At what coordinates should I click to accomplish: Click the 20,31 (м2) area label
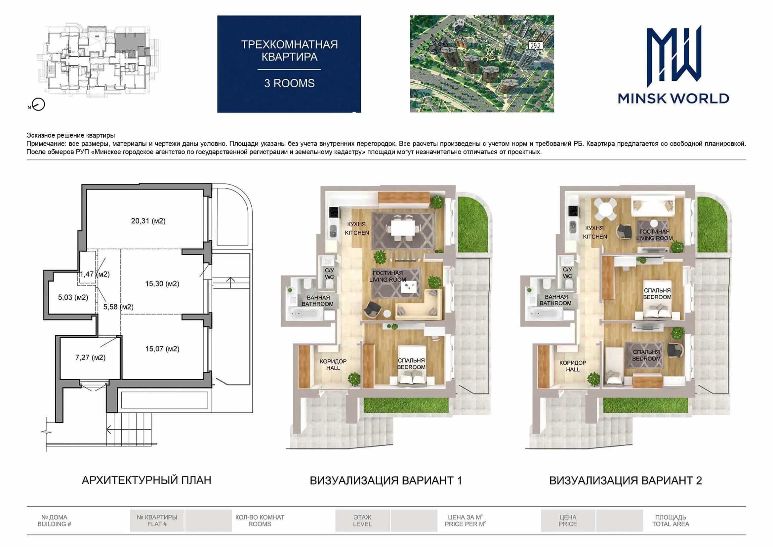point(148,221)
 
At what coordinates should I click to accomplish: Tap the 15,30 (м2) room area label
point(162,284)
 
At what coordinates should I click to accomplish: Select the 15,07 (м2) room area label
point(162,349)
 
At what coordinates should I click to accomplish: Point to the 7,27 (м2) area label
point(90,358)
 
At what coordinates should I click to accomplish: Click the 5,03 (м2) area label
point(73,297)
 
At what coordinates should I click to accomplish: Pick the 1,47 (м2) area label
point(95,274)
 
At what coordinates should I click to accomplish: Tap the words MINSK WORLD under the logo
point(674,99)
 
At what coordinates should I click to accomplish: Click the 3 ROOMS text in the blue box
point(289,83)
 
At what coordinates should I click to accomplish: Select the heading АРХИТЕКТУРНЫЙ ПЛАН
point(146,480)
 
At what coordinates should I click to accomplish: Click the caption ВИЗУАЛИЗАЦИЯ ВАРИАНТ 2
point(626,481)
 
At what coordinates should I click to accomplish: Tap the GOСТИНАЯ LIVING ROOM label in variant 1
point(388,276)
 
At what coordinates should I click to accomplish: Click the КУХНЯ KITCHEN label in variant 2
point(595,232)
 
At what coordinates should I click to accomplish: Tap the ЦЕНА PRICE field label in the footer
point(568,521)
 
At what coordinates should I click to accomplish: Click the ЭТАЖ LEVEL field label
point(363,521)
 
